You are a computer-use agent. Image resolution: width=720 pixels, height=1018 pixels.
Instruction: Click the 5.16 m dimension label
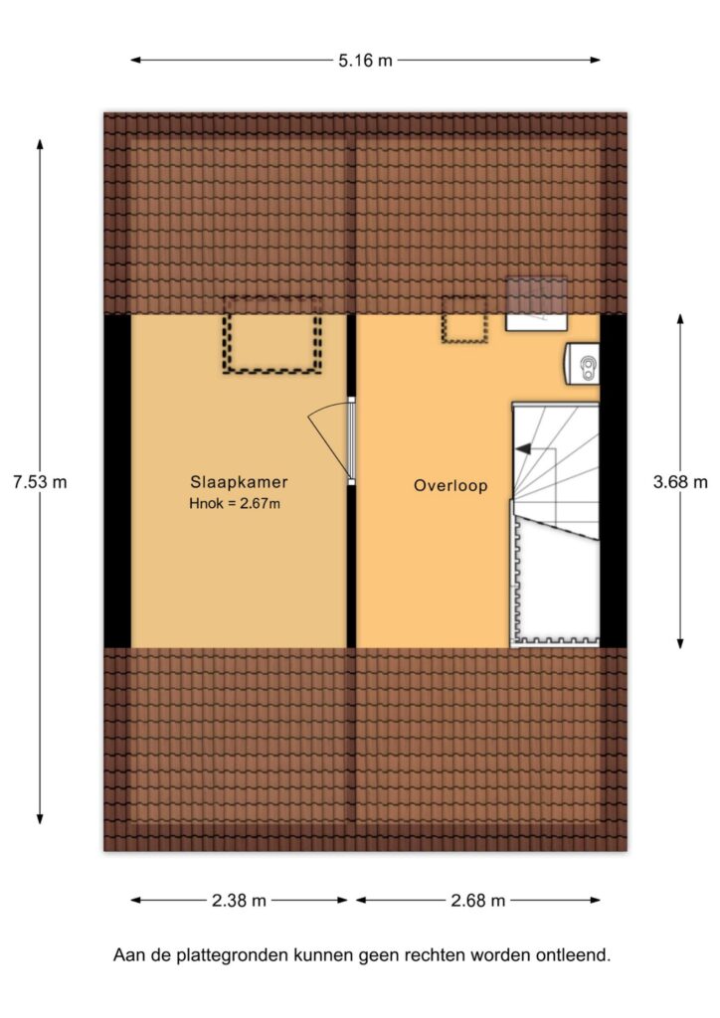click(x=365, y=61)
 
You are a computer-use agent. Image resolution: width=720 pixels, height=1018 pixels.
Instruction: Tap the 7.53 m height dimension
click(x=40, y=482)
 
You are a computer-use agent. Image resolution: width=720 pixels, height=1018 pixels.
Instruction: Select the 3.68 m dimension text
click(x=680, y=482)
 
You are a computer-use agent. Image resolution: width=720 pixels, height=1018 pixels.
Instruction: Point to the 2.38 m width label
click(x=239, y=901)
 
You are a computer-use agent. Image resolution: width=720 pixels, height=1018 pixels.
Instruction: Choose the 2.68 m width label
click(x=477, y=901)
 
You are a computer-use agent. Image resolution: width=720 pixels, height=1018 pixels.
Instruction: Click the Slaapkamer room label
click(x=239, y=482)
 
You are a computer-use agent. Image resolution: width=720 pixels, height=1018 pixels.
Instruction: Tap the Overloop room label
click(x=450, y=485)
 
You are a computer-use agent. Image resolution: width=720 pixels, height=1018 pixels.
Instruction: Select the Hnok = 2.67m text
click(x=235, y=503)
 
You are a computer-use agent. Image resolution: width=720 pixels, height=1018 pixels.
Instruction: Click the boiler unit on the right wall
click(x=582, y=364)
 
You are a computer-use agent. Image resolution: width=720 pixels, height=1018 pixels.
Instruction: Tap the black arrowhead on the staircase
click(x=523, y=448)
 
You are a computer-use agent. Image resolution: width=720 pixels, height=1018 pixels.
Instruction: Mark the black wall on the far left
click(x=117, y=481)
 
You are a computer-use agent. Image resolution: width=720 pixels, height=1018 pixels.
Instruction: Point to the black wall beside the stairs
click(x=613, y=481)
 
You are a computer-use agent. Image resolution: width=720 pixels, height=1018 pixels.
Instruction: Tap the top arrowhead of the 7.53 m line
click(x=40, y=145)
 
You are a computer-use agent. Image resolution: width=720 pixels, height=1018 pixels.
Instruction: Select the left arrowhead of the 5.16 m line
click(x=136, y=61)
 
